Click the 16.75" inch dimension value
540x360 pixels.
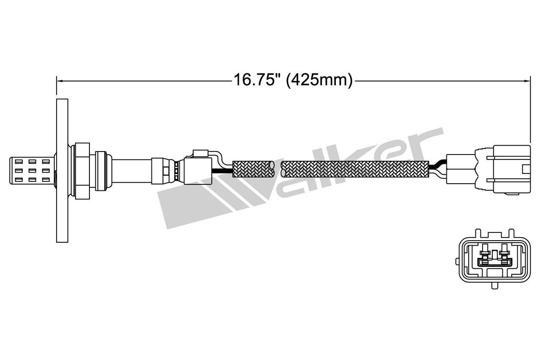[x=255, y=80]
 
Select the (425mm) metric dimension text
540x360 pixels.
[x=319, y=80]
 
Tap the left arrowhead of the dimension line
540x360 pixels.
[x=59, y=81]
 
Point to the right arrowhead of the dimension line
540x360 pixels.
[x=527, y=81]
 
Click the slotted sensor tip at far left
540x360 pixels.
[x=32, y=171]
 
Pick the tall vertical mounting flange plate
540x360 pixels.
[x=62, y=171]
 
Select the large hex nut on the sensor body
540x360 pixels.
[x=82, y=171]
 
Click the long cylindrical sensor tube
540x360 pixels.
[x=132, y=171]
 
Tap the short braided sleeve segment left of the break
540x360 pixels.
[x=254, y=169]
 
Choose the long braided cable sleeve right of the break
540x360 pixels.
[x=355, y=169]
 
